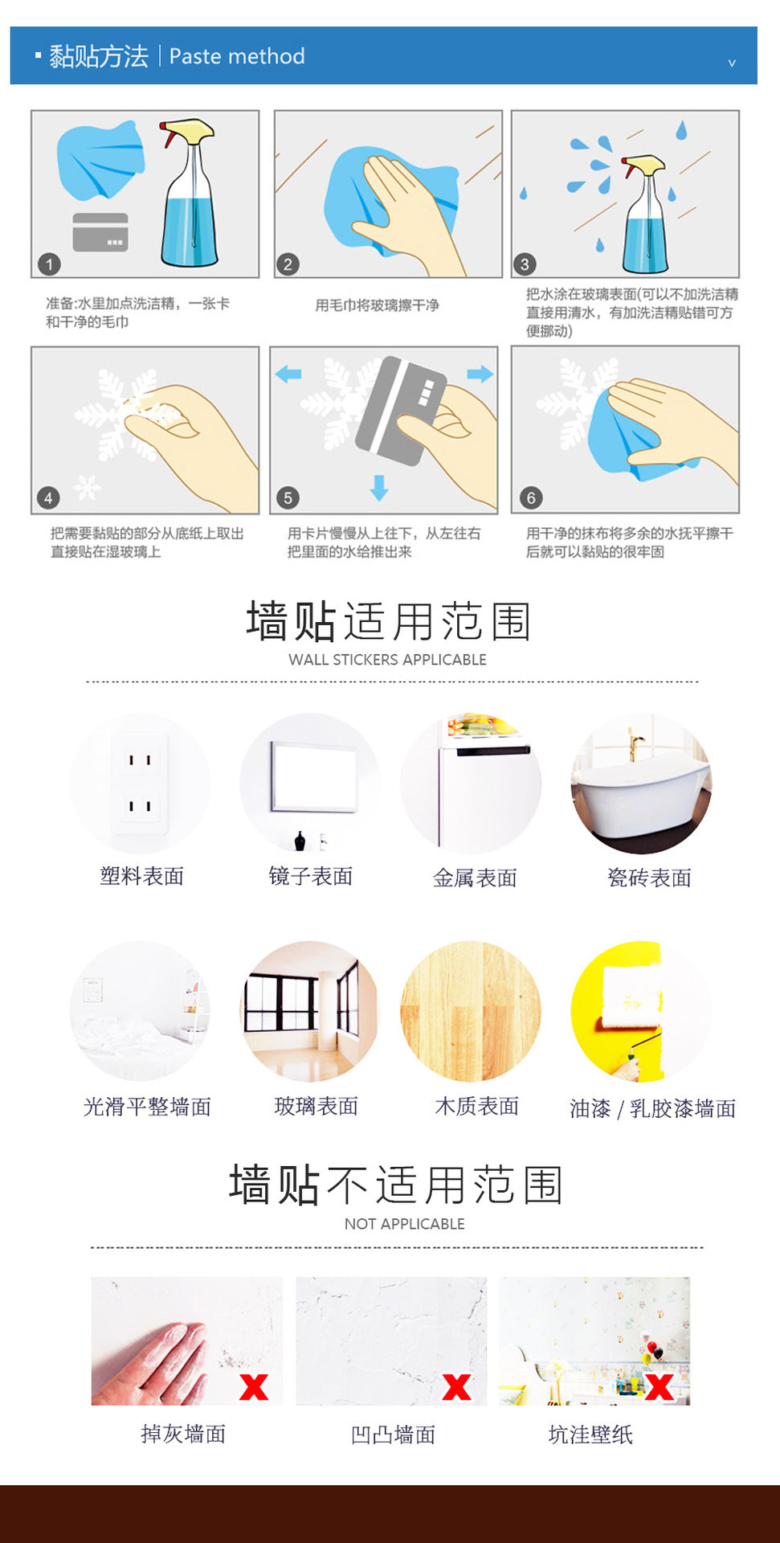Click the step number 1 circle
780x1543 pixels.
[49, 264]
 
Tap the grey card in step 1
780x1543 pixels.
[100, 232]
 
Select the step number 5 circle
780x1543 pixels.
[288, 497]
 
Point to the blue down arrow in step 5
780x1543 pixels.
[379, 487]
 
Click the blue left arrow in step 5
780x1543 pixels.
[288, 374]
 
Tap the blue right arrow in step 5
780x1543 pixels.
[480, 374]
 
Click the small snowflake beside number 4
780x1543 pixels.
[87, 487]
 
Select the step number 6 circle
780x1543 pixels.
[530, 497]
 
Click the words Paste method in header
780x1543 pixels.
[237, 56]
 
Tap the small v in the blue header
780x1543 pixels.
[732, 63]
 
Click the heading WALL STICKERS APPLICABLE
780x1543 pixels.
[387, 660]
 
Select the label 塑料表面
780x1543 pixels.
[142, 876]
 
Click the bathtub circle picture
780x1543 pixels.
[641, 784]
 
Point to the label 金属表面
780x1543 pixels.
[475, 878]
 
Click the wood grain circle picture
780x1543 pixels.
[471, 1011]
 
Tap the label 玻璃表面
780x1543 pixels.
[316, 1106]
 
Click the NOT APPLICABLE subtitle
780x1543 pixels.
[405, 1224]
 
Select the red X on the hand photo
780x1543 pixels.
[254, 1387]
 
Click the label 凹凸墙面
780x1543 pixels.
[393, 1435]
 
